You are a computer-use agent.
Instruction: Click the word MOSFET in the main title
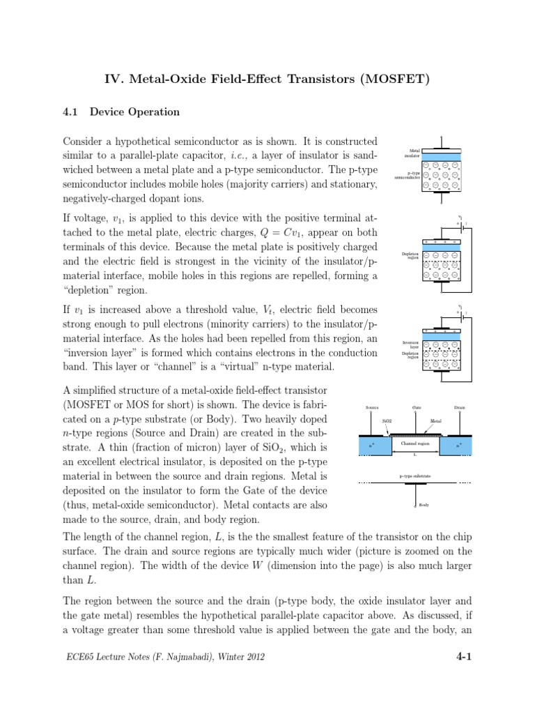394,79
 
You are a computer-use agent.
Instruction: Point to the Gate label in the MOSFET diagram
416,408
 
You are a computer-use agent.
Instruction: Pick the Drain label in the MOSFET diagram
459,408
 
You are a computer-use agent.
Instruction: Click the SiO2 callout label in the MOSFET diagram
387,422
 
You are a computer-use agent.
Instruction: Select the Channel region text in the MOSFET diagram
415,443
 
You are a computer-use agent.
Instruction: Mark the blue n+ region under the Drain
458,445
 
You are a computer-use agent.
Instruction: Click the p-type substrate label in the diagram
415,476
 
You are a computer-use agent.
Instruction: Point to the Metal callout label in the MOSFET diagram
436,422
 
